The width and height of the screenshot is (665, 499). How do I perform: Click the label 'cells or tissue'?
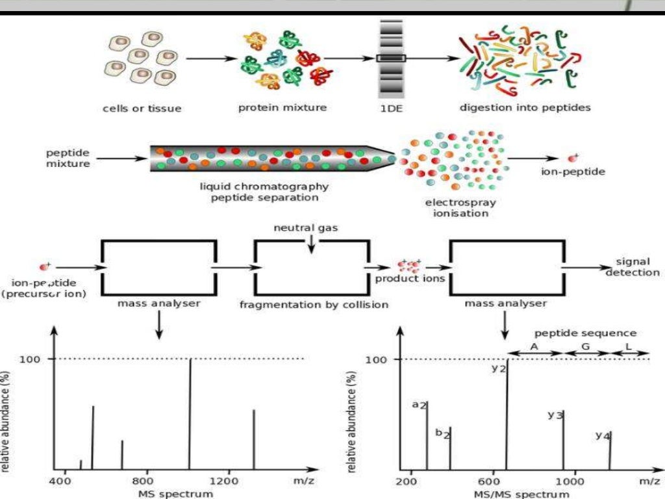[x=142, y=109]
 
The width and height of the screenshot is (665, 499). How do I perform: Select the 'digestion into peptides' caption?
[x=525, y=107]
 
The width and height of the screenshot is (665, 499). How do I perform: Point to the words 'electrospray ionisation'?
[x=460, y=207]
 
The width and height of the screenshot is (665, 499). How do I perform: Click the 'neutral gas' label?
[x=306, y=227]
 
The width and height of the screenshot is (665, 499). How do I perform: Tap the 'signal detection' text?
[x=633, y=267]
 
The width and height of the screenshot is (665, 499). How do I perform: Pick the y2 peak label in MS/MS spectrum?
[x=499, y=368]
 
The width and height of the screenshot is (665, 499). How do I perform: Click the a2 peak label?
[x=420, y=404]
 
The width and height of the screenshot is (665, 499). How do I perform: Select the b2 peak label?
[x=442, y=433]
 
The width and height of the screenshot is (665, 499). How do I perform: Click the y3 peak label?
[x=555, y=415]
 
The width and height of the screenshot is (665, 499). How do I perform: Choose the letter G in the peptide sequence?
[x=585, y=346]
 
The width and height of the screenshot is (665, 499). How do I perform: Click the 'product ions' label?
[x=410, y=279]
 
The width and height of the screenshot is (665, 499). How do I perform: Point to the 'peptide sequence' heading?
[x=585, y=333]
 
